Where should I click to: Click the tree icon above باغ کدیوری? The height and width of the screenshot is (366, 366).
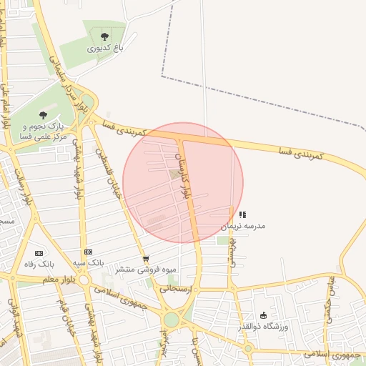tap(105, 36)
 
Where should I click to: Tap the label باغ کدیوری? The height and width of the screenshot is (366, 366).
tap(106, 49)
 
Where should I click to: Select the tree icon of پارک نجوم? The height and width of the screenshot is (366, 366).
tap(43, 114)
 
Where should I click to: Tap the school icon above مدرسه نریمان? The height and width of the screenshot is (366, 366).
tap(242, 214)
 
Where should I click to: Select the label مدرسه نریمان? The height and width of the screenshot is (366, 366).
tap(242, 226)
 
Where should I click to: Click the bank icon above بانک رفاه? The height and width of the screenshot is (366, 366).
tap(39, 253)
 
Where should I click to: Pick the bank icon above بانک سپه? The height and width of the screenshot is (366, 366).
tap(88, 252)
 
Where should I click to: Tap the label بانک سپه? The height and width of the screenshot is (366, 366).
tap(91, 263)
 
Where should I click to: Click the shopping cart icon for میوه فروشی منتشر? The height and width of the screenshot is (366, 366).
tap(146, 259)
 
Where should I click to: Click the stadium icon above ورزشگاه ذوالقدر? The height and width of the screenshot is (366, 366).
tap(263, 315)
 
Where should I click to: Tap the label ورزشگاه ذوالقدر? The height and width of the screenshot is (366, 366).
tap(262, 327)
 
